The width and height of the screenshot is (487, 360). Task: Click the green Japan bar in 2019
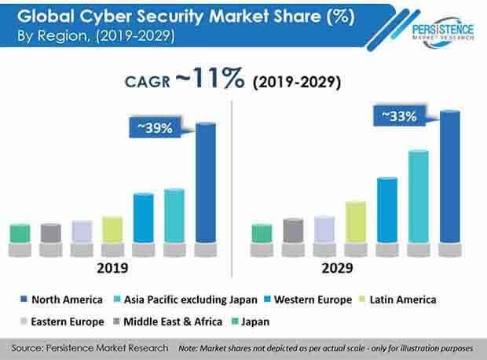pyautogui.click(x=20, y=233)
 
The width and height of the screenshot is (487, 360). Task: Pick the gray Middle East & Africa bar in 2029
pyautogui.click(x=293, y=230)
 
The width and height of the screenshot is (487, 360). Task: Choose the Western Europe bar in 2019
pyautogui.click(x=143, y=218)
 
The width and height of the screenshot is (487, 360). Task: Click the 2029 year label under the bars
pyautogui.click(x=357, y=269)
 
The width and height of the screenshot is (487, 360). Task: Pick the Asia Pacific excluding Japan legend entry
pyautogui.click(x=180, y=299)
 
